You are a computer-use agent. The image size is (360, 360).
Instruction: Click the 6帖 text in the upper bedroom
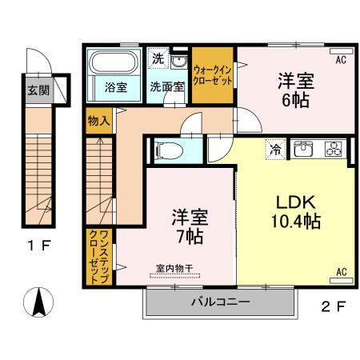pyautogui.click(x=295, y=102)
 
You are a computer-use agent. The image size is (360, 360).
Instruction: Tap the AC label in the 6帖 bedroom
pyautogui.click(x=340, y=60)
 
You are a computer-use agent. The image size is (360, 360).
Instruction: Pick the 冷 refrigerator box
pyautogui.click(x=274, y=150)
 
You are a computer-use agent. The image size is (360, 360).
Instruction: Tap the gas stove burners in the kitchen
pyautogui.click(x=332, y=150)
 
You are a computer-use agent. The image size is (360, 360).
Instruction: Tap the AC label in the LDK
pyautogui.click(x=341, y=271)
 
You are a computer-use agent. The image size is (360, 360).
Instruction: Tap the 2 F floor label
pyautogui.click(x=337, y=305)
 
